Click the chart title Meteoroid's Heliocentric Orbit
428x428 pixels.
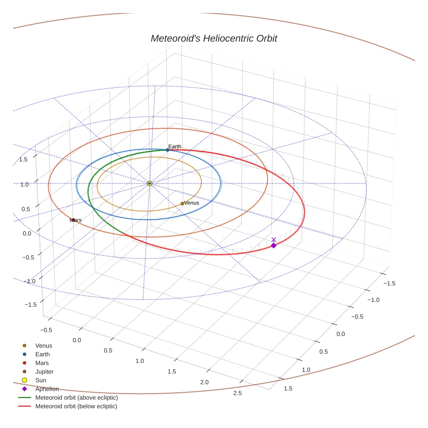(214, 38)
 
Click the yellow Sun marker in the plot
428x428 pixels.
(150, 184)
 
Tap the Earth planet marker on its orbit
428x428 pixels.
(167, 150)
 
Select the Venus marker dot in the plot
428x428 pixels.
(182, 204)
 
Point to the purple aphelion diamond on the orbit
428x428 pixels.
(274, 246)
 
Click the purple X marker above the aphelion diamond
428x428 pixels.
(274, 240)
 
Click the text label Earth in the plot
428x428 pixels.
(175, 147)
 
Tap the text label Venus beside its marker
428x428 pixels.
(191, 203)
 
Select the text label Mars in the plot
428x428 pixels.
(76, 220)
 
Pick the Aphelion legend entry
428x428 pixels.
(47, 389)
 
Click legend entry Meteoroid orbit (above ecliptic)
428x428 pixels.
(76, 398)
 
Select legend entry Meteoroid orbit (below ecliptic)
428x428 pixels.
(76, 406)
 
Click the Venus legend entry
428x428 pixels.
(43, 345)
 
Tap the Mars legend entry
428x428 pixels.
(42, 363)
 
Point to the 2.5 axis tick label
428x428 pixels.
(237, 393)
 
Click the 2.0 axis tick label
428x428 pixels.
(204, 382)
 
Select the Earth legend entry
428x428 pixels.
(42, 354)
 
